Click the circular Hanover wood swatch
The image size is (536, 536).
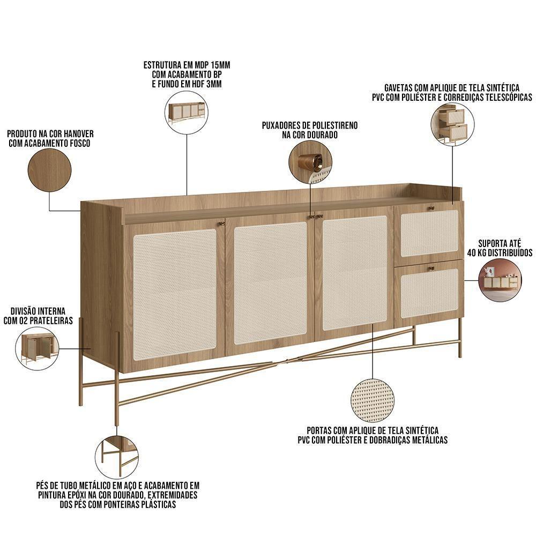pos(49,170)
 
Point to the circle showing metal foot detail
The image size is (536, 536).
pos(116,457)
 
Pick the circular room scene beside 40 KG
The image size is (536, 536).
pos(500,281)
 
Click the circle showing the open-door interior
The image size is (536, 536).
pos(36,348)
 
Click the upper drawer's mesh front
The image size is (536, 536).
pos(429,233)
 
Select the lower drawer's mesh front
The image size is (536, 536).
pos(429,293)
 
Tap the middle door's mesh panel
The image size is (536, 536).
pos(271,283)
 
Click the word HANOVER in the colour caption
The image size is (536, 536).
pos(79,134)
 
